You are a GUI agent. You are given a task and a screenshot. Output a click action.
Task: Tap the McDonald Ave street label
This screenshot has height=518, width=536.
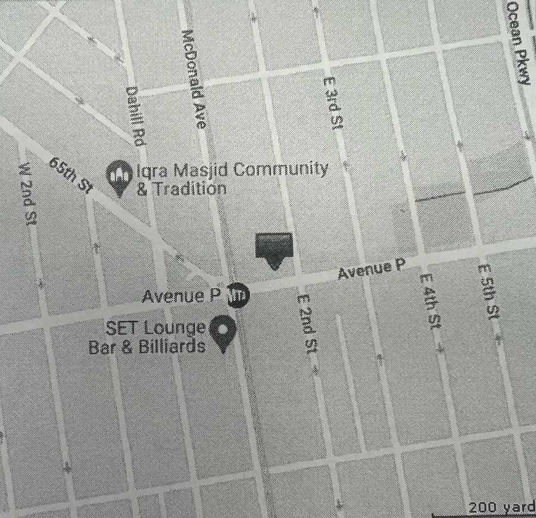click(x=195, y=79)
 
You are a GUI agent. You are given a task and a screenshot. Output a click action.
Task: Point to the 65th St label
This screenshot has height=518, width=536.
click(x=69, y=174)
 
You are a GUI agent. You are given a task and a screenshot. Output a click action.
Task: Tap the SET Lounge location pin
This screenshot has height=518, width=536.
click(x=224, y=333)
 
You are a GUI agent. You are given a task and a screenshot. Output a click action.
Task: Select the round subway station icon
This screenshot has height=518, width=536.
click(x=238, y=293)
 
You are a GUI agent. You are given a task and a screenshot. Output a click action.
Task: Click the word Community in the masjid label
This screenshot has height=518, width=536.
click(x=280, y=170)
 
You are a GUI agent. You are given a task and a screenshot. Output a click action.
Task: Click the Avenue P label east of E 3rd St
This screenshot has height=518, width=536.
click(x=367, y=271)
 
